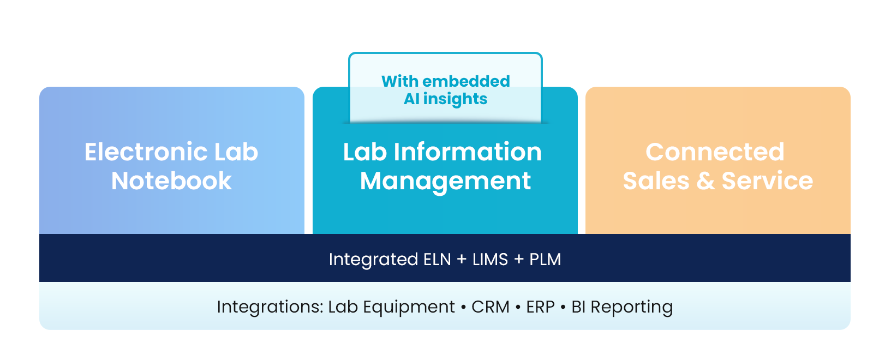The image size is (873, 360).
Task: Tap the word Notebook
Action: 171,181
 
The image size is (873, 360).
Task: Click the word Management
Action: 445,181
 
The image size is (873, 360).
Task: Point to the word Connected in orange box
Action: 715,152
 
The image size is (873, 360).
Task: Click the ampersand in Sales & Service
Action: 705,181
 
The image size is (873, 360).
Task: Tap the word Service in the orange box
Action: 767,181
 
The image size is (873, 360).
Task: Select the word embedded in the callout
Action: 466,81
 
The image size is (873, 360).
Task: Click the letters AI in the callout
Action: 411,99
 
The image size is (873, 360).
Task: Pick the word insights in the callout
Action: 455,99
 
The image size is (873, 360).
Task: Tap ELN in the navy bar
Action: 437,259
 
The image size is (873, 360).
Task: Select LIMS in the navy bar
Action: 490,259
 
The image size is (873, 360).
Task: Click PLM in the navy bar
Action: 545,259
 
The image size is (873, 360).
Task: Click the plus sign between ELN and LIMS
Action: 462,259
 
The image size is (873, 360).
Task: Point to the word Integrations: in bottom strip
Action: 270,307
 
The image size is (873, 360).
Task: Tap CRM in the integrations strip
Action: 490,307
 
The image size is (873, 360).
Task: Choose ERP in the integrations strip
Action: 540,307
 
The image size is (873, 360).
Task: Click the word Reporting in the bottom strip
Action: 631,307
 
